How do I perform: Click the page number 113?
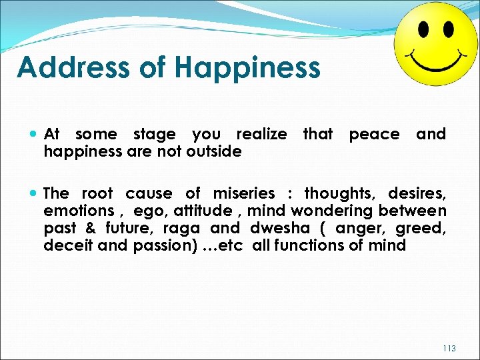[450, 348]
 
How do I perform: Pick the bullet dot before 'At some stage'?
[34, 135]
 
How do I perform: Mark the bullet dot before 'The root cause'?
[34, 194]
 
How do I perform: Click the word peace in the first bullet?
[374, 134]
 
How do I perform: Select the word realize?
[262, 134]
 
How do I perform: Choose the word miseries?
[244, 193]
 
